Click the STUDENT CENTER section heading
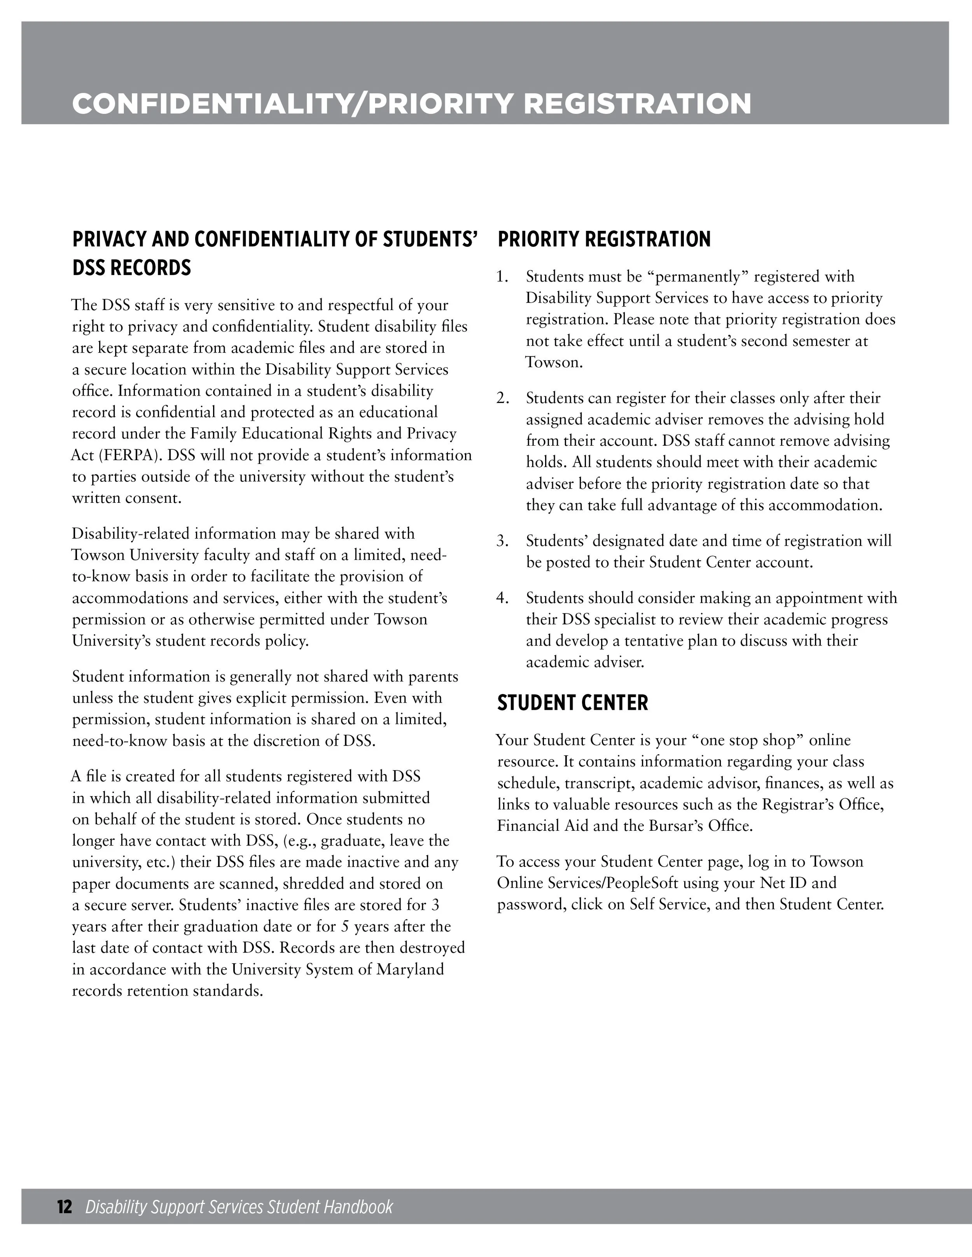point(572,703)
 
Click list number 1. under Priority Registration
point(502,277)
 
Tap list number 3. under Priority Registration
point(502,541)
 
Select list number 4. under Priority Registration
point(502,598)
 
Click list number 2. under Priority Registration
point(502,398)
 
